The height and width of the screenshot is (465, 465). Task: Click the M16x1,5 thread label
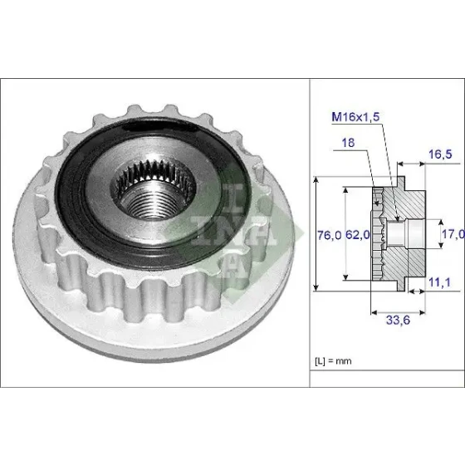click(x=355, y=117)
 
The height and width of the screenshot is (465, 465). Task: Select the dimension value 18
click(x=348, y=143)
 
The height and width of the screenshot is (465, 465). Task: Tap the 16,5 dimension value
click(x=440, y=154)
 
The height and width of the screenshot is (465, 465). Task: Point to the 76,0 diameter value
click(x=329, y=236)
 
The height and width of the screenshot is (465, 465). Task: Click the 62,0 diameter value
click(x=358, y=235)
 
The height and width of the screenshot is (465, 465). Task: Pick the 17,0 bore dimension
click(x=453, y=234)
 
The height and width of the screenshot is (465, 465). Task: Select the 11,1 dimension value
click(x=439, y=282)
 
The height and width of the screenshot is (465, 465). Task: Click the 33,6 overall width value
click(x=398, y=321)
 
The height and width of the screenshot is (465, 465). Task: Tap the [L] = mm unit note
click(x=333, y=361)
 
